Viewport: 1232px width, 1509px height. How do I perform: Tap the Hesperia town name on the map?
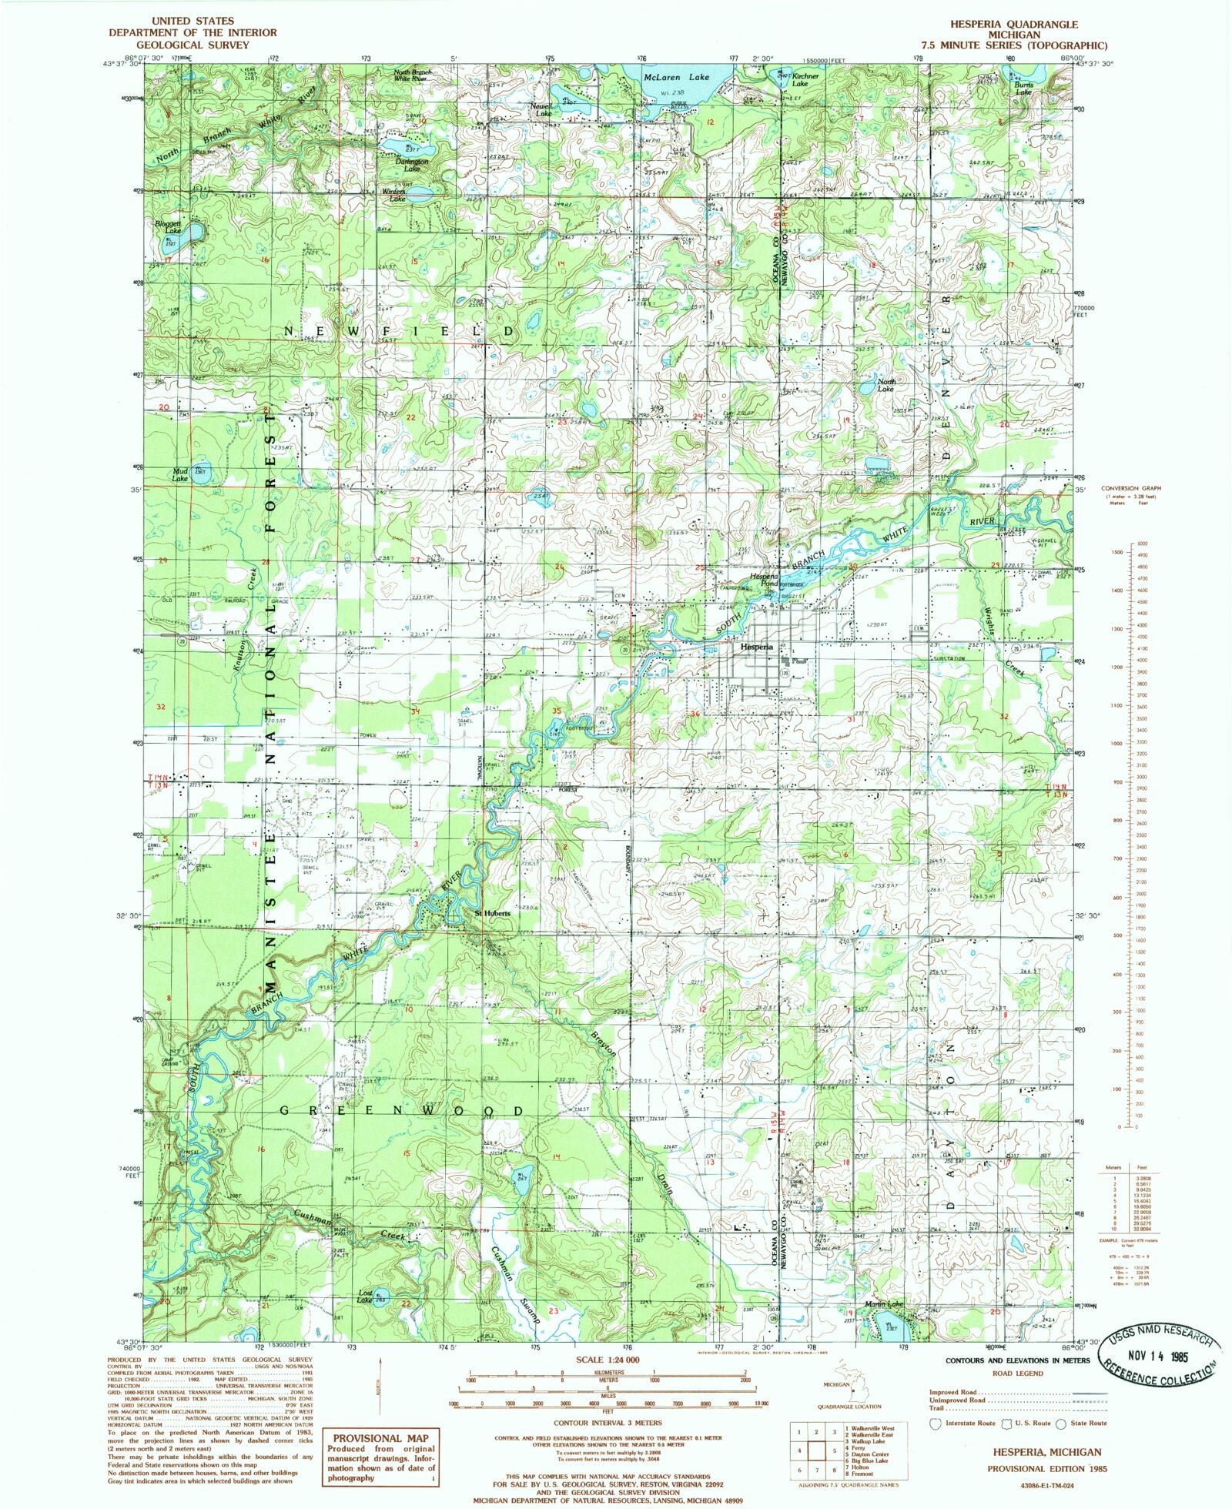click(756, 647)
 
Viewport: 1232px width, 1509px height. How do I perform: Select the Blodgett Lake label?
click(167, 227)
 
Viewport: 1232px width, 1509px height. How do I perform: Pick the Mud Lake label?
click(179, 475)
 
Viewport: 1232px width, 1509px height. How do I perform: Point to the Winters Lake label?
click(397, 196)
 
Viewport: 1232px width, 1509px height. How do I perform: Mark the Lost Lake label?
click(365, 1296)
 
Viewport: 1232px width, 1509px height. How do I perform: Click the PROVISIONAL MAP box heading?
click(378, 1437)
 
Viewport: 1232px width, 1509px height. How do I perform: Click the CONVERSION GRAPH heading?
click(1130, 488)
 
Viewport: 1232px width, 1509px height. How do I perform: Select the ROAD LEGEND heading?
click(1018, 1373)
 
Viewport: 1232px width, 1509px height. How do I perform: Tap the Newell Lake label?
click(541, 109)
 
